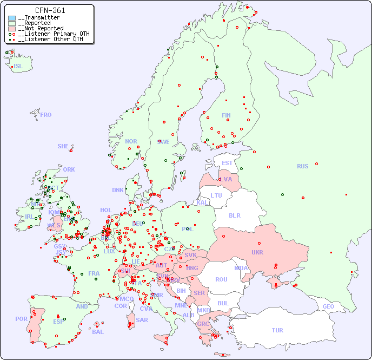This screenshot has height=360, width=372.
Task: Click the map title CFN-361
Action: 50,10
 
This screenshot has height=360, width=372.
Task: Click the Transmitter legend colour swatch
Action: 12,18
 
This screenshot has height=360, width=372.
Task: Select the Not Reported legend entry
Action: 41,28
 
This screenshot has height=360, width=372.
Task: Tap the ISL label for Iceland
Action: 18,67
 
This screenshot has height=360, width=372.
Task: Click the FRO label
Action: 46,115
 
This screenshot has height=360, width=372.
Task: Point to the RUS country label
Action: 302,166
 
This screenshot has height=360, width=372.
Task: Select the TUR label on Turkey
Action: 277,330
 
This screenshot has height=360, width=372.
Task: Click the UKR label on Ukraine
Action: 257,252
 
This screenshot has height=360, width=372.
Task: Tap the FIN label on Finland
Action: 226,115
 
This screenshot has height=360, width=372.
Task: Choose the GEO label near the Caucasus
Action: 328,306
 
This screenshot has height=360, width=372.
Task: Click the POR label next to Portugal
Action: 21,319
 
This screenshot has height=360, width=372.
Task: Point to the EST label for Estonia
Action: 227,163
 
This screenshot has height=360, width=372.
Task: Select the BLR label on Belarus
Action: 235,215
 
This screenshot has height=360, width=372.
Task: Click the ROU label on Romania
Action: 221,279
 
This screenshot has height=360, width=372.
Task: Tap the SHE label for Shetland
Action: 63,146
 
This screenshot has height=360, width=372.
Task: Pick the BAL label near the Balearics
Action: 98,332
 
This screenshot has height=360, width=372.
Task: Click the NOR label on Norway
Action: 131,141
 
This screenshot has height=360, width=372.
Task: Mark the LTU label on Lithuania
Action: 216,195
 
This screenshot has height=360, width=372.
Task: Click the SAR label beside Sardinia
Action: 142,320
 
